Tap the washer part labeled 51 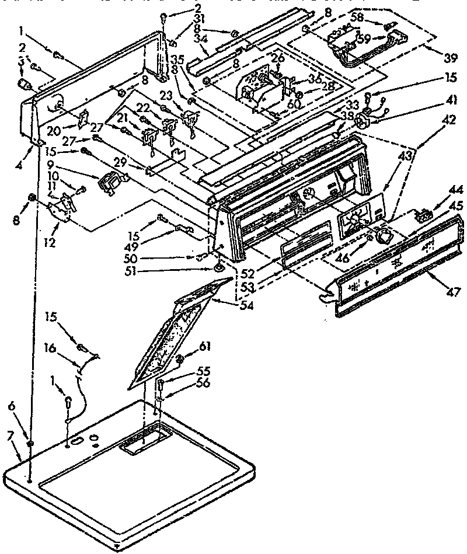[x=218, y=267]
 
